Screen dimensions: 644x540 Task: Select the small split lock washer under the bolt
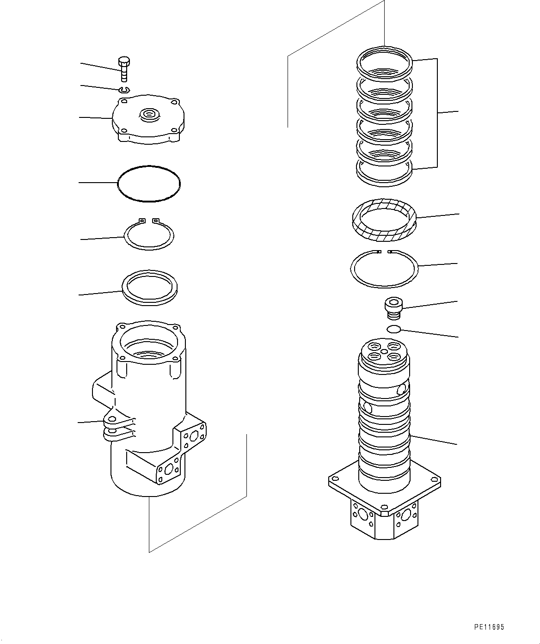click(124, 89)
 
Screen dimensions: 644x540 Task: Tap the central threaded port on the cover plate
click(149, 113)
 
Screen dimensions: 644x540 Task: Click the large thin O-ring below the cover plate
click(149, 184)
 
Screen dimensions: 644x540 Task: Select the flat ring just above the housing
click(149, 288)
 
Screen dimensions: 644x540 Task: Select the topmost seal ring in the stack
click(384, 62)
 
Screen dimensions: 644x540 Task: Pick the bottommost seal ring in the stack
click(384, 173)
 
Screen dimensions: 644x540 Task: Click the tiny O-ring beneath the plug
click(393, 329)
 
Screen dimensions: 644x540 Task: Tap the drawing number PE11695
click(489, 627)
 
